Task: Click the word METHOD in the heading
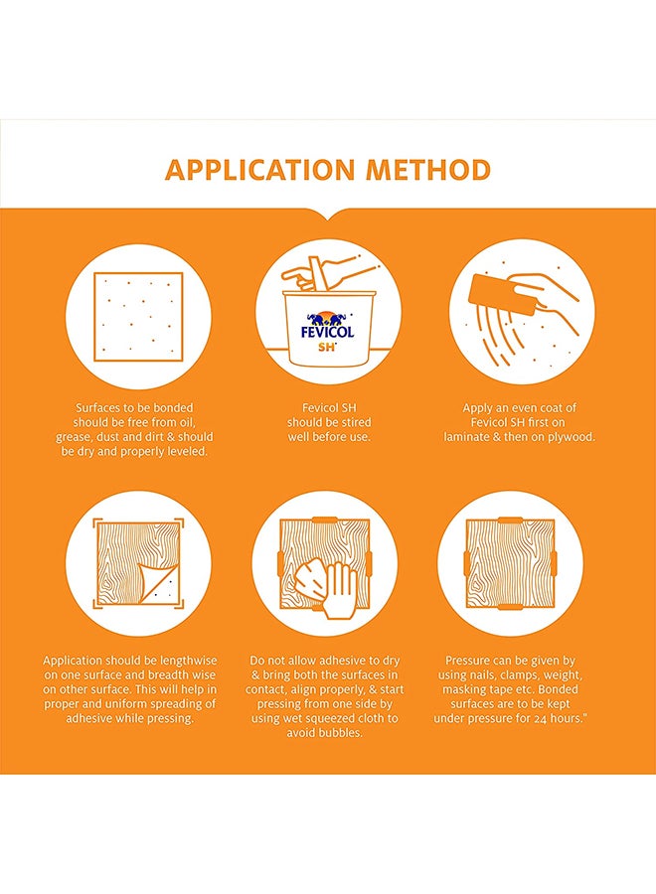[428, 170]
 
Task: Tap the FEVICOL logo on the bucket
[327, 326]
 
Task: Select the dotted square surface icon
[138, 317]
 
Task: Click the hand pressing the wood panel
[339, 590]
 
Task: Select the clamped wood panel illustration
[510, 563]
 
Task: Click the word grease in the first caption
[74, 437]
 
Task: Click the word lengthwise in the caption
[188, 661]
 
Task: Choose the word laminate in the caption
[464, 437]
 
